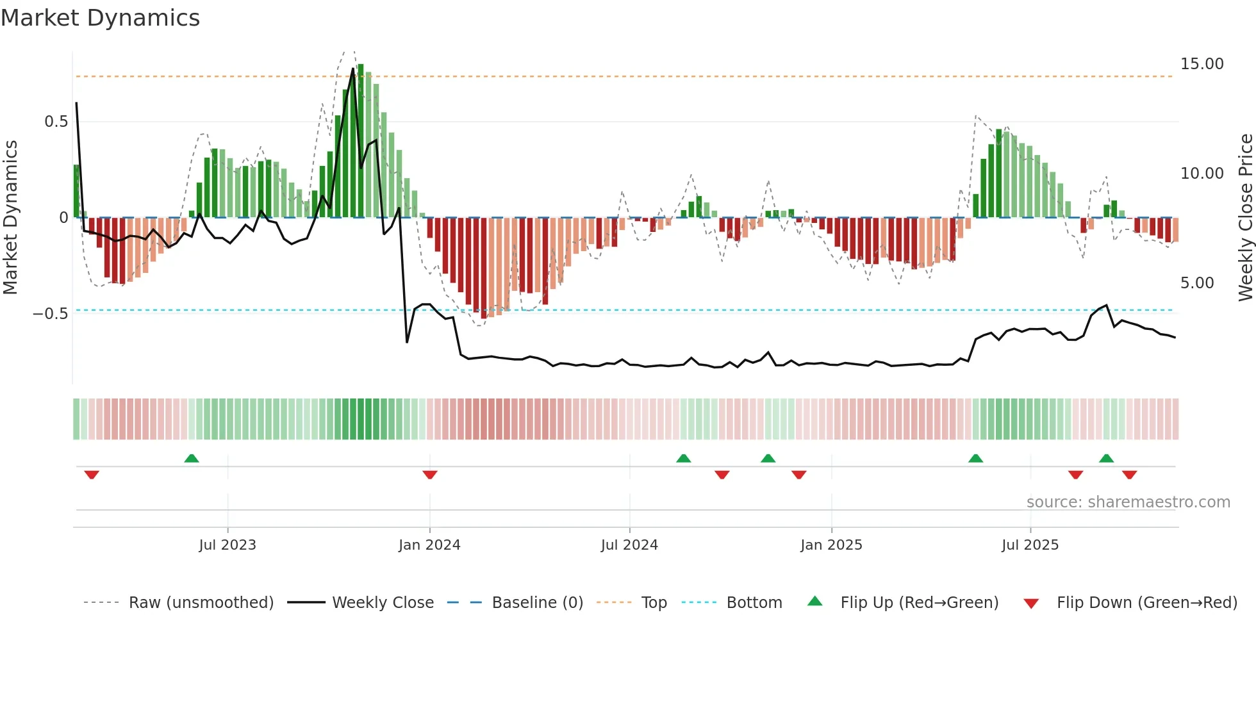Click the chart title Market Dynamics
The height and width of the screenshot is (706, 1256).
click(100, 18)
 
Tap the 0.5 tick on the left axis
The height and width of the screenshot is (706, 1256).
click(56, 122)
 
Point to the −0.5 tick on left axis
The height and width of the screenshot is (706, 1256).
click(50, 314)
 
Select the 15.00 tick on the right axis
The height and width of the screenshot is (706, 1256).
click(1202, 64)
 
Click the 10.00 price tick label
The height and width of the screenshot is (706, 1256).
click(1202, 174)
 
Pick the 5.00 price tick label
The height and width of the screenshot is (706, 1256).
click(1197, 283)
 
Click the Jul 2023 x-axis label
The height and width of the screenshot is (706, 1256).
click(227, 545)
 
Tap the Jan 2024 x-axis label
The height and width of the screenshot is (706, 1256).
click(429, 545)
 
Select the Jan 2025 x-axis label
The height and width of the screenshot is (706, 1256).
click(831, 545)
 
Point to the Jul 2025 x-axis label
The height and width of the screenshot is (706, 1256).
click(1030, 545)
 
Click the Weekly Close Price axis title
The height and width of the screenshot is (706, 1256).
click(1245, 217)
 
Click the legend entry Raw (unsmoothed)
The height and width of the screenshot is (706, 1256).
click(201, 603)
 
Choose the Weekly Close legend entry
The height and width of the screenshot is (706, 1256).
click(383, 603)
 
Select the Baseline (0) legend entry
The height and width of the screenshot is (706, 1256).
click(537, 603)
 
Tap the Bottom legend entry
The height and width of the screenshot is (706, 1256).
click(754, 603)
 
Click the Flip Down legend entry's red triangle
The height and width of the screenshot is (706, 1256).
click(1031, 603)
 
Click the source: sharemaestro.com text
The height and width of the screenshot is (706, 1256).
click(1128, 502)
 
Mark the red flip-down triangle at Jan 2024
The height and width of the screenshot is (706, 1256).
click(430, 475)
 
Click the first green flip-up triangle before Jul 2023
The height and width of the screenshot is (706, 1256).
click(192, 458)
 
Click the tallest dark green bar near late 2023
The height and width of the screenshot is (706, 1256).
click(361, 140)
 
